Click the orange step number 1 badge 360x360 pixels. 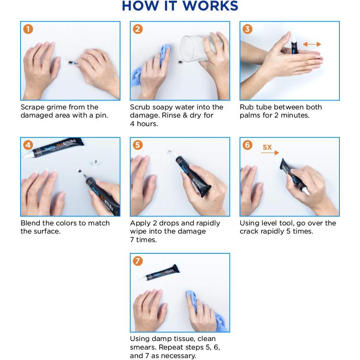click(x=28, y=29)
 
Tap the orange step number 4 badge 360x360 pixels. click(x=28, y=145)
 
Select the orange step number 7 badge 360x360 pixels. click(x=138, y=261)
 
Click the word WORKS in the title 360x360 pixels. click(x=211, y=6)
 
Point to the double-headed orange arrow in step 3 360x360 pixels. click(x=312, y=44)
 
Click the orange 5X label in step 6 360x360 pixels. click(x=267, y=147)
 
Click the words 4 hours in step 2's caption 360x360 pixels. click(x=144, y=124)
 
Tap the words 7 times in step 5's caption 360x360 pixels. click(x=143, y=240)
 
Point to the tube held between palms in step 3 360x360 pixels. click(x=294, y=44)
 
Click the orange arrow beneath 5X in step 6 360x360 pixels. click(x=270, y=153)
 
